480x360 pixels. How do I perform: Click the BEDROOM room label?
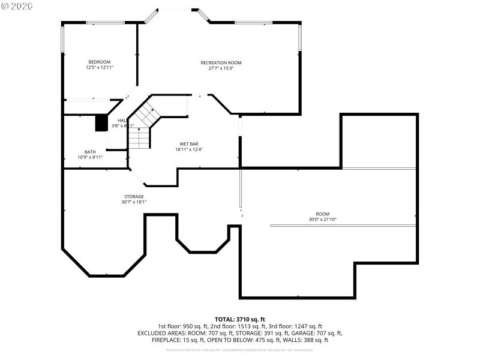click(x=100, y=62)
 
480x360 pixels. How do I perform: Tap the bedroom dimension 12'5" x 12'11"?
click(x=100, y=68)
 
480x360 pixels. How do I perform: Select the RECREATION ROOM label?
click(x=221, y=62)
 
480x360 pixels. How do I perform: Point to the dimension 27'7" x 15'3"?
click(x=221, y=68)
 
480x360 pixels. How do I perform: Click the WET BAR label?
click(x=189, y=144)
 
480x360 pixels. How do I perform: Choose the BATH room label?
click(x=90, y=152)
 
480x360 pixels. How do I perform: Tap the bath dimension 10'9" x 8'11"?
click(x=90, y=157)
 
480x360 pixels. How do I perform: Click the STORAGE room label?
click(x=134, y=196)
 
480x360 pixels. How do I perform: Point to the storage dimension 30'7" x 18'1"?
click(x=134, y=202)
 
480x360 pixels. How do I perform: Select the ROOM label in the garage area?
click(x=323, y=214)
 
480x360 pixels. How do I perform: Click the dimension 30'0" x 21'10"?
click(x=323, y=220)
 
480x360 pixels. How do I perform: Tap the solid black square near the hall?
click(x=101, y=122)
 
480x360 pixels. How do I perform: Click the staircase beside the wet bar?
click(x=142, y=126)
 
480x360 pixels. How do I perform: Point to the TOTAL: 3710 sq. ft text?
click(x=240, y=319)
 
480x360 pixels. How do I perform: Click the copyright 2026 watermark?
click(x=17, y=6)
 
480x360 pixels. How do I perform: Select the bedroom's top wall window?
click(x=105, y=23)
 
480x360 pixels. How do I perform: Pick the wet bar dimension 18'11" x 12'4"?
click(x=189, y=149)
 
